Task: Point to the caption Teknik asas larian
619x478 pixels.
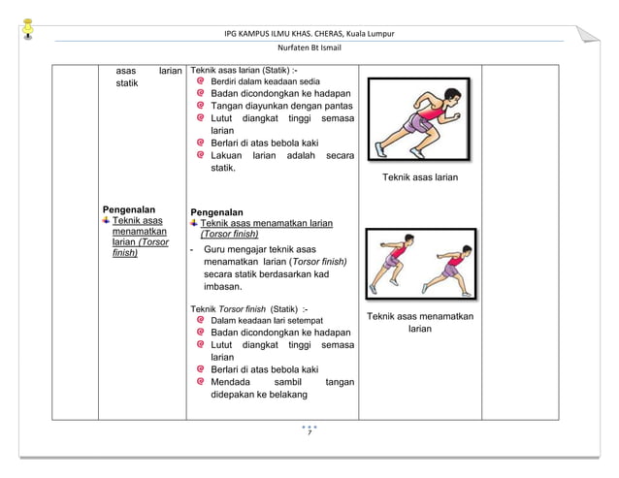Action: tap(419, 177)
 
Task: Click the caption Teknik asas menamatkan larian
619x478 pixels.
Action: tap(419, 323)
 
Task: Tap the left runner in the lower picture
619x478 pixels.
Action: tap(394, 264)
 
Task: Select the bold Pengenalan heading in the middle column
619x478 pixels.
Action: tap(216, 211)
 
